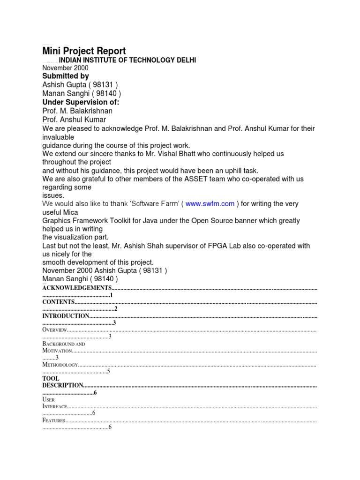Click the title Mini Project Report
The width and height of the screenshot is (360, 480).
pyautogui.click(x=84, y=51)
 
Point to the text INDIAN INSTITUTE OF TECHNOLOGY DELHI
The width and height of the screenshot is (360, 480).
pyautogui.click(x=127, y=60)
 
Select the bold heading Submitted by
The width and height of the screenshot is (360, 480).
pyautogui.click(x=65, y=76)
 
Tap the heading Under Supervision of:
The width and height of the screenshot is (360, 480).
pyautogui.click(x=81, y=102)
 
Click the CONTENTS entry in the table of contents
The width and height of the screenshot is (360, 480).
pyautogui.click(x=58, y=302)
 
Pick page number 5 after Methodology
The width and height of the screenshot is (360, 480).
pyautogui.click(x=108, y=371)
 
